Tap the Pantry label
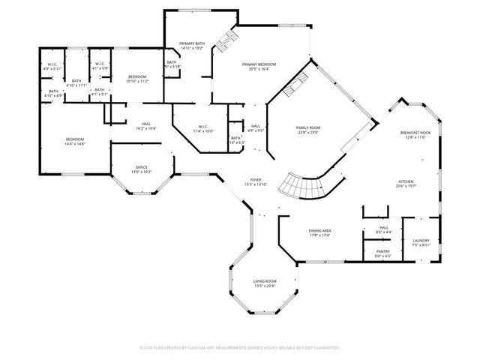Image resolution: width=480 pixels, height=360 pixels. tap(382, 253)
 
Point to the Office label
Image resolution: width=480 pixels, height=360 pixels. tap(142, 169)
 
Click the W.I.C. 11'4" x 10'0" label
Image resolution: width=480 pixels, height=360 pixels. tap(202, 128)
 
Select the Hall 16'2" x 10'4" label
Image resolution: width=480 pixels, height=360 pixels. tap(145, 126)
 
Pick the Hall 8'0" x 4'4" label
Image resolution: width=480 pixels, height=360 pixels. tap(383, 229)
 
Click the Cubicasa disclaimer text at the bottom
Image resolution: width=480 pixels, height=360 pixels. tap(240, 348)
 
